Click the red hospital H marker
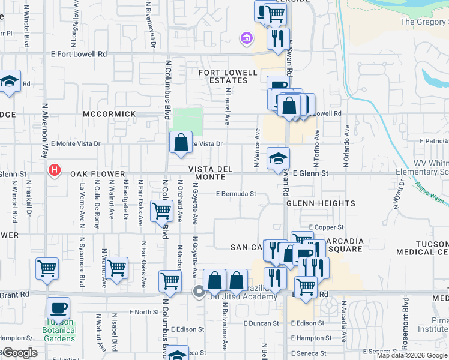(x=55, y=171)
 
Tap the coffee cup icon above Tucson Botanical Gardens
(x=58, y=308)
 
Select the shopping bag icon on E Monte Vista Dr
(x=181, y=143)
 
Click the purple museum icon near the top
(x=245, y=40)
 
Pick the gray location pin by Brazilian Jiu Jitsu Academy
(x=199, y=292)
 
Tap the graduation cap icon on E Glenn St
(x=278, y=158)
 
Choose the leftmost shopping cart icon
(x=47, y=269)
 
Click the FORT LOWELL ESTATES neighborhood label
(x=224, y=76)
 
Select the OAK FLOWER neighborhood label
(x=93, y=173)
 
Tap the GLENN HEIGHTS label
(x=312, y=203)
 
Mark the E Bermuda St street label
(x=237, y=194)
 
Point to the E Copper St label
(x=326, y=227)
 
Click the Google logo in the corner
(x=19, y=353)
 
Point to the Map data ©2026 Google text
(x=412, y=355)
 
